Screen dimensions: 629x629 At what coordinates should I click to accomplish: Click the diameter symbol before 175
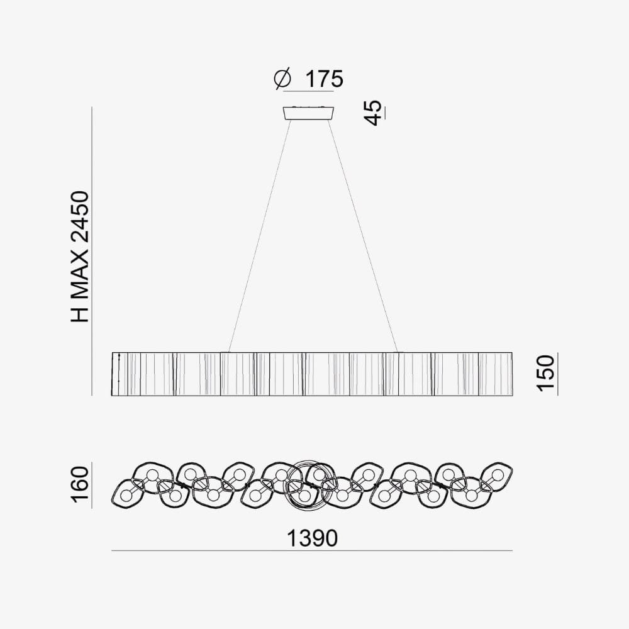(x=282, y=79)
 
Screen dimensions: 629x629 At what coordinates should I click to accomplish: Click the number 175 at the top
(x=324, y=79)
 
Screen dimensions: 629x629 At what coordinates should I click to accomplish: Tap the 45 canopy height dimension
(x=374, y=113)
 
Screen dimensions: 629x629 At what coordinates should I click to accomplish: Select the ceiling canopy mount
(x=308, y=113)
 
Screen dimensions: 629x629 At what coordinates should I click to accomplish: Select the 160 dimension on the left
(x=79, y=484)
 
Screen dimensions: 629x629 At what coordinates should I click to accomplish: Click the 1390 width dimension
(x=312, y=538)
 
